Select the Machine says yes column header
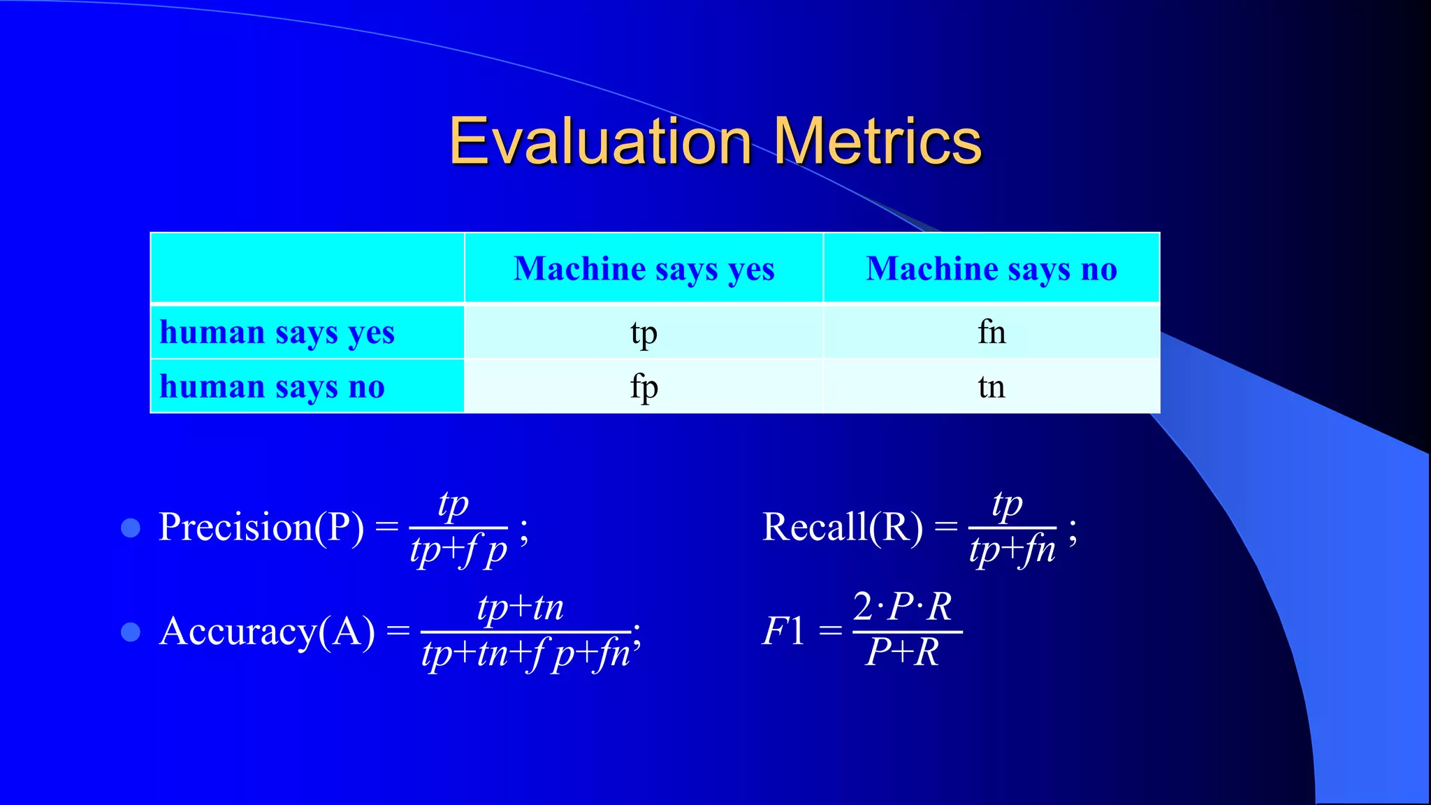click(644, 268)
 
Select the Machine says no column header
click(991, 268)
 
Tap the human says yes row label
click(277, 332)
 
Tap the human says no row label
click(272, 386)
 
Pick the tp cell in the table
click(644, 333)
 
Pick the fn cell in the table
click(991, 332)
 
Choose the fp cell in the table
click(644, 386)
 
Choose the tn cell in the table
click(991, 386)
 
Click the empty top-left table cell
click(307, 268)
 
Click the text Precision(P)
click(261, 527)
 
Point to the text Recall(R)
click(842, 527)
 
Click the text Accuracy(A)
click(266, 632)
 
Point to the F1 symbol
click(783, 631)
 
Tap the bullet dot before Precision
click(131, 528)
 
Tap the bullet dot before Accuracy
click(131, 632)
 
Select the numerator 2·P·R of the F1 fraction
click(902, 607)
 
